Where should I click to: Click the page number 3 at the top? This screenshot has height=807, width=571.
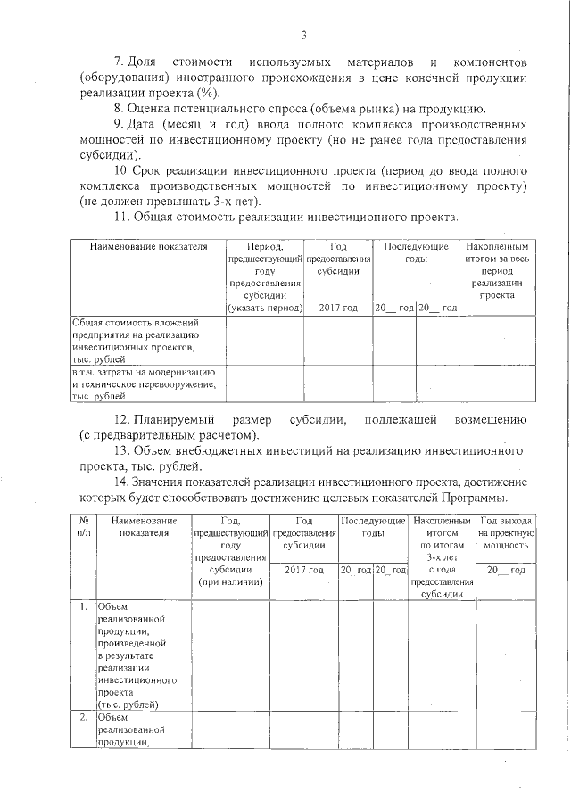tap(303, 36)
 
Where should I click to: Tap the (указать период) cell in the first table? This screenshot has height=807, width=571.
tap(265, 308)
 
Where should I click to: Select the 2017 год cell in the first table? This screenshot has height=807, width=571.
tap(337, 308)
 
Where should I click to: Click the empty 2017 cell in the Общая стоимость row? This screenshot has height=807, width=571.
tap(337, 341)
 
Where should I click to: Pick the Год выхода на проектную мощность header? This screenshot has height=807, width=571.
tap(506, 532)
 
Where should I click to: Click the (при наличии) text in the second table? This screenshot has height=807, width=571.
tap(230, 582)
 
